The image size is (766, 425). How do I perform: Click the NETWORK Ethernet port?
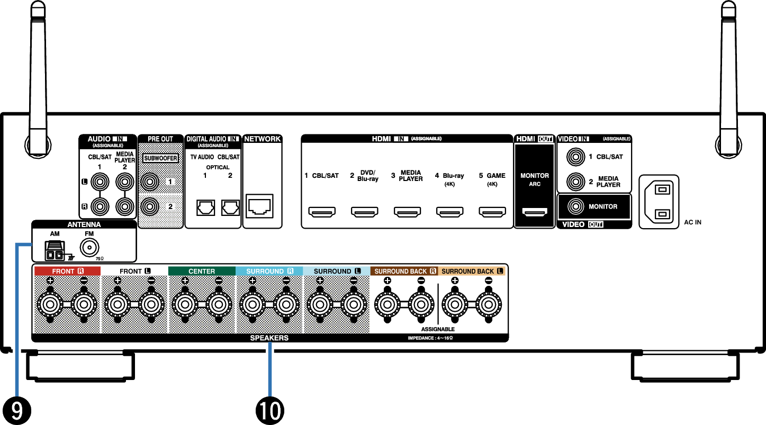tap(259, 206)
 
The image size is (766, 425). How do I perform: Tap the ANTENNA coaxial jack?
tap(89, 247)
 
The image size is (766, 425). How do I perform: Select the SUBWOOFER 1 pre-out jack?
tap(150, 182)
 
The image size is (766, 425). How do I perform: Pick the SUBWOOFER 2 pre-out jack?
tap(150, 205)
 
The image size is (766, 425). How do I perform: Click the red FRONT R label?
tap(67, 271)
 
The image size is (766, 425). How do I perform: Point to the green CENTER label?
tap(202, 271)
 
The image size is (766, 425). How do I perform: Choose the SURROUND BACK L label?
tap(472, 271)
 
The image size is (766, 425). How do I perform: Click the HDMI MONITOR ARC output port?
tap(535, 212)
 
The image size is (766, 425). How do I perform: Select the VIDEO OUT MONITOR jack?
tap(575, 206)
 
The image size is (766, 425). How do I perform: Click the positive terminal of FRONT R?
tap(50, 304)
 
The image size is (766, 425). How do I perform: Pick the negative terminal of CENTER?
tap(219, 304)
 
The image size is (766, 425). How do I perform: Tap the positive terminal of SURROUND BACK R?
tap(387, 304)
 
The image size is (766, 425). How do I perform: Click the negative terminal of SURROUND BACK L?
tap(488, 304)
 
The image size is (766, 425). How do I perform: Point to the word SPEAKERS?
tap(269, 338)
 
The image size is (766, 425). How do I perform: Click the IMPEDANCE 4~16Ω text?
tap(430, 338)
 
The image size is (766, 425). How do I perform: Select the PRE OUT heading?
tap(160, 139)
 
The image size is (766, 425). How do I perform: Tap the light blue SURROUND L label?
tap(337, 271)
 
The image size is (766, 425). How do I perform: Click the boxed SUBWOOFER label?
tap(160, 158)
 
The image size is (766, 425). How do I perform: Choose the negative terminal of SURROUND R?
tap(286, 304)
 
